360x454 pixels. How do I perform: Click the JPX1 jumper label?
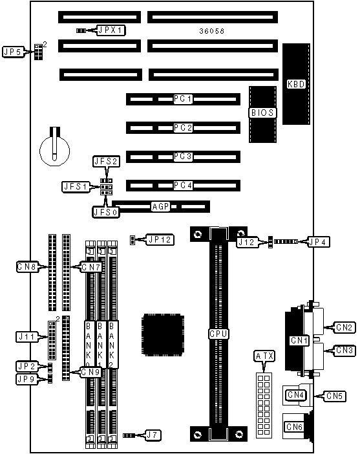[x=111, y=30]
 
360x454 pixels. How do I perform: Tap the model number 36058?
[x=212, y=31]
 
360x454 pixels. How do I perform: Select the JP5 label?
[x=13, y=52]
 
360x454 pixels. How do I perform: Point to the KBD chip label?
[x=296, y=84]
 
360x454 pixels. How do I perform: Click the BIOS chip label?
[x=262, y=113]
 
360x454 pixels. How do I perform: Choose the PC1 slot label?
[x=183, y=99]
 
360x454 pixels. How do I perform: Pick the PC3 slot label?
[x=183, y=157]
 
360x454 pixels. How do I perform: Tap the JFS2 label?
[x=107, y=161]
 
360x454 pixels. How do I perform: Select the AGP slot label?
[x=161, y=206]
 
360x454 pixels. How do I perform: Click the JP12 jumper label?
[x=160, y=239]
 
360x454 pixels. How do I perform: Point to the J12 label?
[x=247, y=242]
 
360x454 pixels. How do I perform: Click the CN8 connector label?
[x=28, y=266]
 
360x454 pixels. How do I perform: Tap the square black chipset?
[x=163, y=335]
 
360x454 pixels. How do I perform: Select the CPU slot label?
[x=218, y=334]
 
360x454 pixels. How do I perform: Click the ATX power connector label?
[x=264, y=356]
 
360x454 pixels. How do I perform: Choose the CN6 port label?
[x=294, y=427]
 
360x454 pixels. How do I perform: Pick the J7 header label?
[x=153, y=435]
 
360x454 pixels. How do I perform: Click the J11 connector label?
[x=27, y=337]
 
